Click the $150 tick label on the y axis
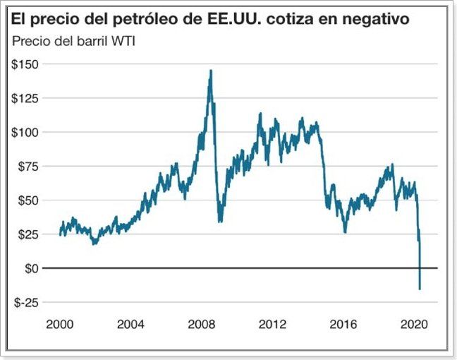(x=25, y=64)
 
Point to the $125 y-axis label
(x=25, y=98)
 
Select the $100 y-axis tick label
(x=25, y=132)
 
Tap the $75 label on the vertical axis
(x=28, y=167)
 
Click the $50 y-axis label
(x=28, y=200)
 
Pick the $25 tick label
(x=28, y=234)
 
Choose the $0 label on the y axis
(x=30, y=268)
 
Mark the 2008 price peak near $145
(x=211, y=71)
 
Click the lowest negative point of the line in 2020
(x=420, y=289)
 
